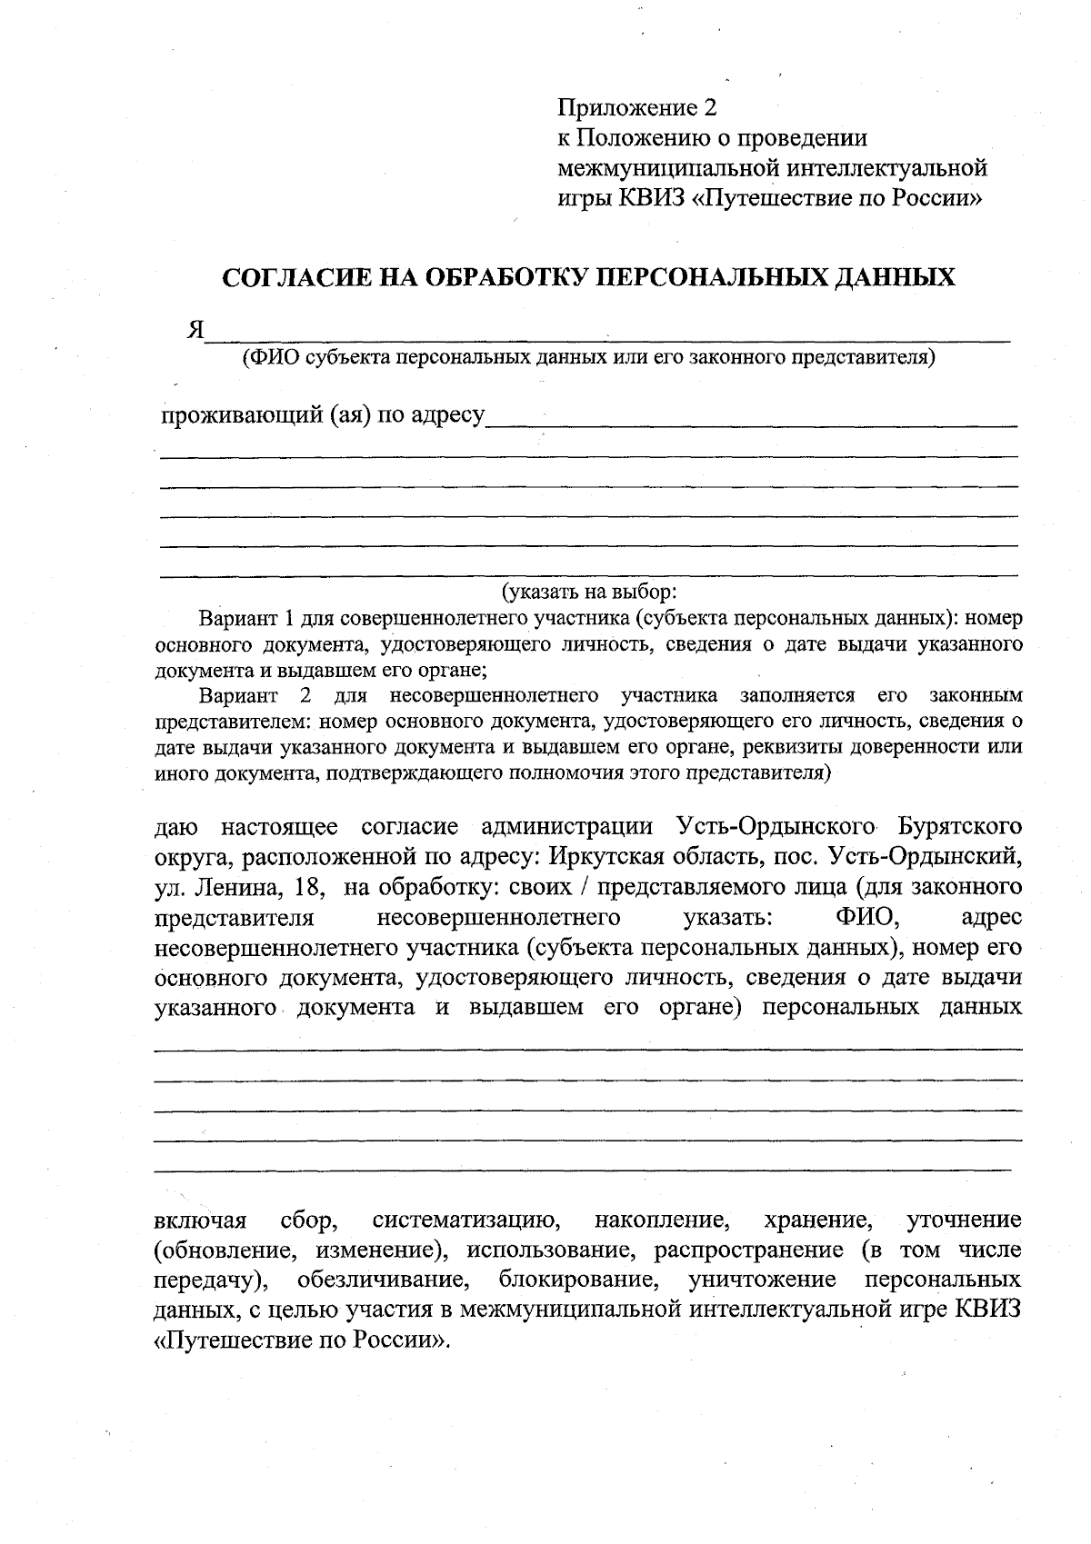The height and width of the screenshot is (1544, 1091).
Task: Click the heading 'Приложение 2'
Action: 637,108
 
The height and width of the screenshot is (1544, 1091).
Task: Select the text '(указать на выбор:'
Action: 589,593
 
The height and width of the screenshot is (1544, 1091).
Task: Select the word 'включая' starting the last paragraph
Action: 201,1220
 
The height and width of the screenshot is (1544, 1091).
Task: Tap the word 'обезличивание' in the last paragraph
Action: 383,1280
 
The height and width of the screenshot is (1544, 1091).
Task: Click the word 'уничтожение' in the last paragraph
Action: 763,1280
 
